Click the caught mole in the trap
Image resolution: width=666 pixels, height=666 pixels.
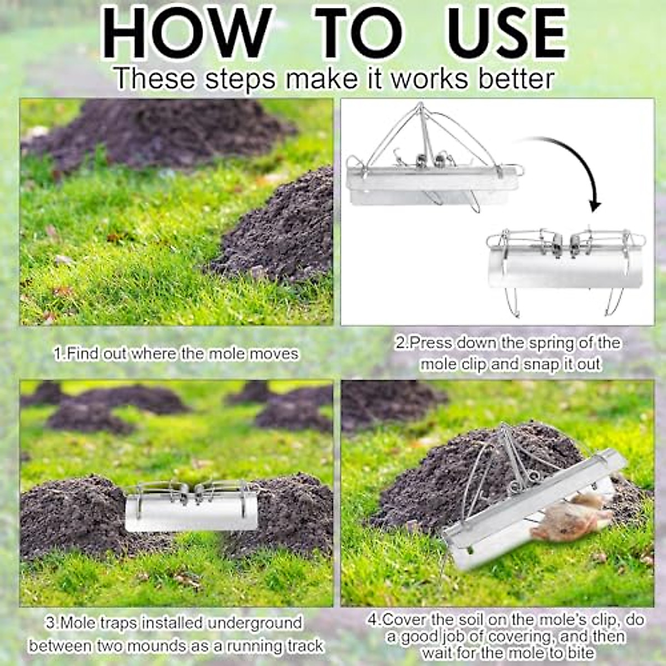click(x=572, y=519)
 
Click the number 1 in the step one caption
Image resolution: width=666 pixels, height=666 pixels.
click(x=58, y=354)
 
